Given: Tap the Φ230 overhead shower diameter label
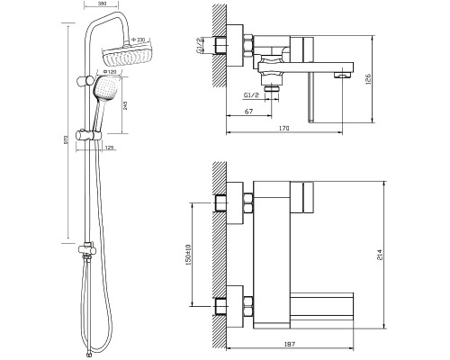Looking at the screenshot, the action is (139, 40).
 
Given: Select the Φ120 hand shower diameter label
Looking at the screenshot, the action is (109, 72).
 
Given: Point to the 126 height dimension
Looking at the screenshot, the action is (368, 79).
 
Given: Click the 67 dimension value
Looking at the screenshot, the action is (248, 112).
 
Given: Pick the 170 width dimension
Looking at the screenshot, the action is (283, 129).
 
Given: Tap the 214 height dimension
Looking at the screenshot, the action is (380, 255).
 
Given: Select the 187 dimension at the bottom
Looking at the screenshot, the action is (289, 344).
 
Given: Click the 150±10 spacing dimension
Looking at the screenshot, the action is (188, 255).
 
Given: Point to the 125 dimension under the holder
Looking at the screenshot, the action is (110, 148).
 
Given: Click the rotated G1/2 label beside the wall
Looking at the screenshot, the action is (199, 46).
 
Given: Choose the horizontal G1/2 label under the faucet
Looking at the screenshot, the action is (251, 95).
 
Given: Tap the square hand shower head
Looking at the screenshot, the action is (106, 87).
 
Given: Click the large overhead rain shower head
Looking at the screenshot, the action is (128, 56).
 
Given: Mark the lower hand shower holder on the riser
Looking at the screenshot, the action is (89, 135).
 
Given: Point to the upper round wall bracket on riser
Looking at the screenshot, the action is (86, 81).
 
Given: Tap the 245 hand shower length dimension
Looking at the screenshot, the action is (125, 105).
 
